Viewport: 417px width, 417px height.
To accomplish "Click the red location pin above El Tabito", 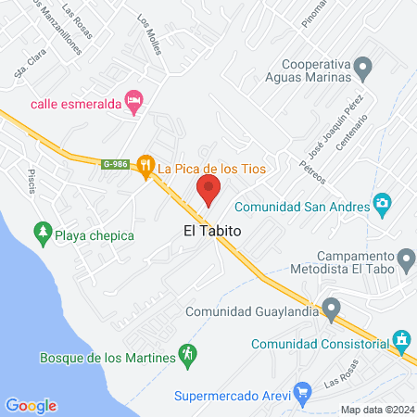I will point(208,191).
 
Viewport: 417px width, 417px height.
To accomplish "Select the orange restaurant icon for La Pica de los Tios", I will point(145,167).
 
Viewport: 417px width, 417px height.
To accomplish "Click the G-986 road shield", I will point(115,164).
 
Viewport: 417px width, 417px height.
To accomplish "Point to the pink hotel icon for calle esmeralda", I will point(134,102).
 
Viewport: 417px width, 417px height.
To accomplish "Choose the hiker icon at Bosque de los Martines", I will point(188,355).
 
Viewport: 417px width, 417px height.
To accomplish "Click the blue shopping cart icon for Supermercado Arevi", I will point(301,394).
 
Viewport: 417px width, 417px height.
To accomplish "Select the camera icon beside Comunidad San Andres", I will point(381,204).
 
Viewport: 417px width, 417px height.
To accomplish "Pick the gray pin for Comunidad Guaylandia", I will point(331,309).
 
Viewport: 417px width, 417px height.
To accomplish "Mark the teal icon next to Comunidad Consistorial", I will point(400,340).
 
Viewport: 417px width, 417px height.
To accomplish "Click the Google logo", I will point(31,405).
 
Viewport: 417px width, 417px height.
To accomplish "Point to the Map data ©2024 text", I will point(376,409).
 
